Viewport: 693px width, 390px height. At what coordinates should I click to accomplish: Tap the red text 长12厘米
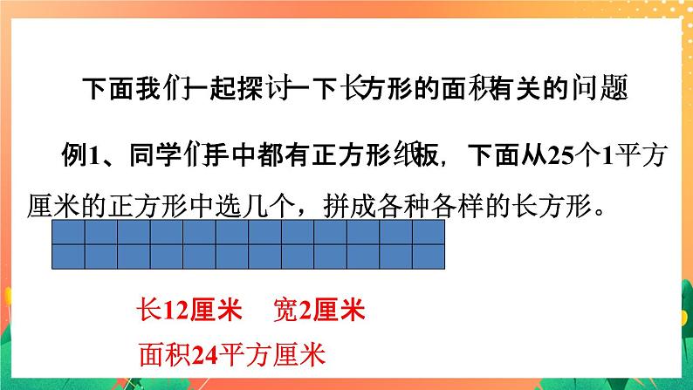[181, 311]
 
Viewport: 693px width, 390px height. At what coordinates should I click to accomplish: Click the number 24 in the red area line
[202, 354]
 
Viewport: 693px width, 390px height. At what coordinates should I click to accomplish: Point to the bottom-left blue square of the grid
[68, 256]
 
